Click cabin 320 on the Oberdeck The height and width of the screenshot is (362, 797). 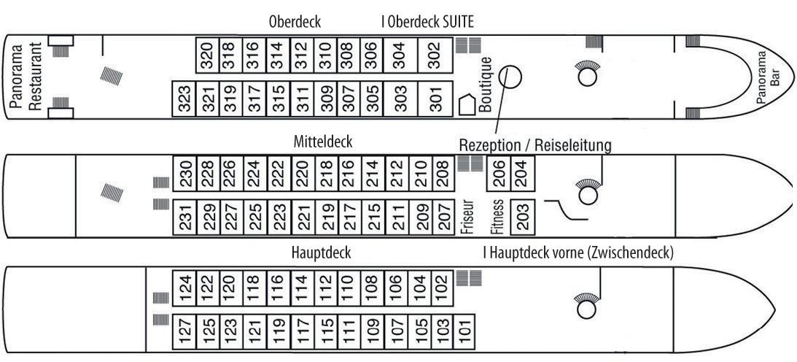tap(208, 55)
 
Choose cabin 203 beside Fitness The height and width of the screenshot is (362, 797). tap(523, 216)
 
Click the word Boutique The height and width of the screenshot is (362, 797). tap(486, 86)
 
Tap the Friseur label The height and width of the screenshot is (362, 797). tap(467, 216)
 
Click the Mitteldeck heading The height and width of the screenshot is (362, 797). tap(323, 140)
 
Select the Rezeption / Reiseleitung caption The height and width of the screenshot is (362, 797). tap(534, 145)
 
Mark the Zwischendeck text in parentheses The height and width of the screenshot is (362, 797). tap(626, 253)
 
